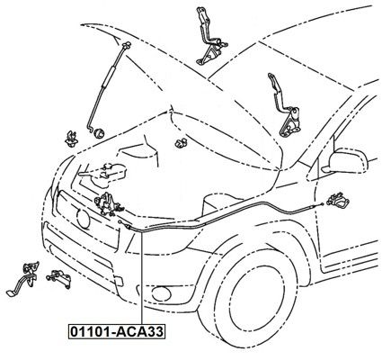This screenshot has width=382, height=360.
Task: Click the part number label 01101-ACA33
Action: pos(117,331)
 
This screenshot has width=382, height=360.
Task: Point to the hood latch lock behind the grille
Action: pos(107,204)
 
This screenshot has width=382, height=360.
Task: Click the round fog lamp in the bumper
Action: pos(161,293)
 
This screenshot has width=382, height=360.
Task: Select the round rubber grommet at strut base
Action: pos(99,132)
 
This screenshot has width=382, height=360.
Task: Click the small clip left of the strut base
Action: pos(71,139)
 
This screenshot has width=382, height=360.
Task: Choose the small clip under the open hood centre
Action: pos(181,143)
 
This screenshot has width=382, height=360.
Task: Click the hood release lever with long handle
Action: pos(24,277)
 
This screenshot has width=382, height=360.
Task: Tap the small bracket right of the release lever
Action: pos(58,278)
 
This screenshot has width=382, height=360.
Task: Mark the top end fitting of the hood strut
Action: pos(127,44)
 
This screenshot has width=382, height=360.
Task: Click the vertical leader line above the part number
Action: pos(141,277)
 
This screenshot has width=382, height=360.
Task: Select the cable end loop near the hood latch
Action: pos(120,222)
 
